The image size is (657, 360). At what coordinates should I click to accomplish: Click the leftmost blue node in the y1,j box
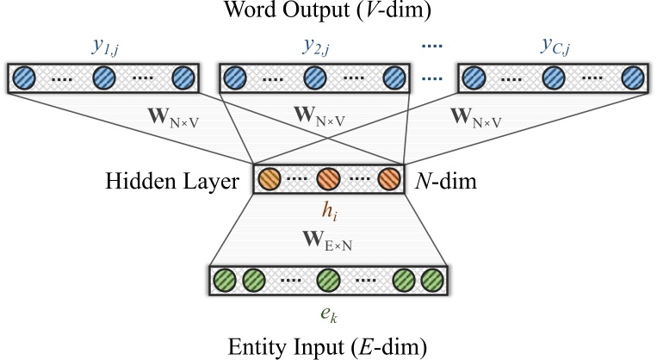(25, 78)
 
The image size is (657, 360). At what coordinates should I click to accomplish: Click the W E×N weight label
(329, 237)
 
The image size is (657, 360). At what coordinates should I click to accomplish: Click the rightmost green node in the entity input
(432, 281)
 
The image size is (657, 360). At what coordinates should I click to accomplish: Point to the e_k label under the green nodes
(328, 310)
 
